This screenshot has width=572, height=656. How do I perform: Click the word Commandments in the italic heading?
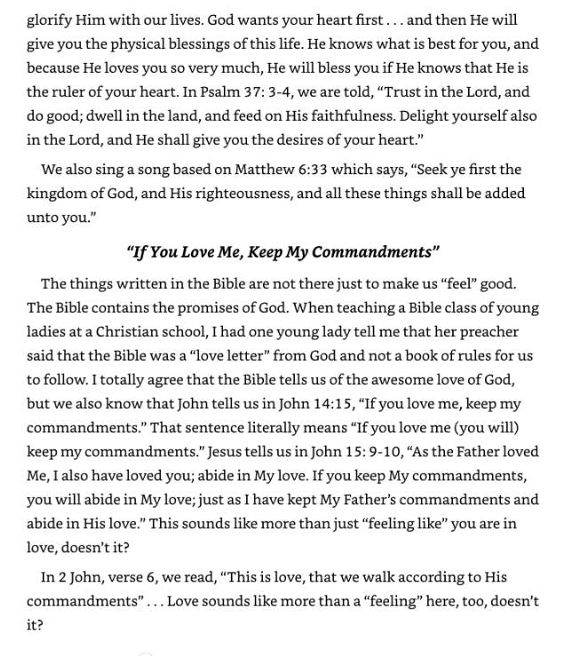(x=377, y=252)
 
